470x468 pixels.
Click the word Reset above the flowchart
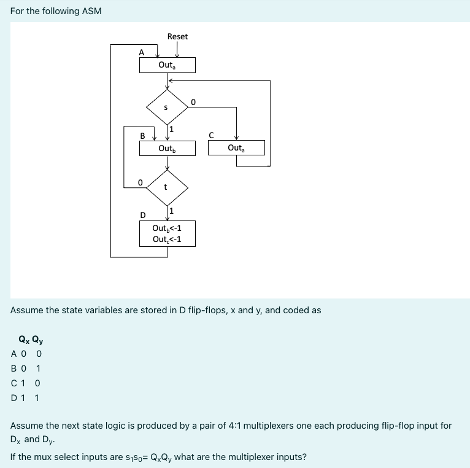pyautogui.click(x=177, y=37)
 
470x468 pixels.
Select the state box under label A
pyautogui.click(x=167, y=65)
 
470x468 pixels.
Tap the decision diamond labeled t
pyautogui.click(x=166, y=188)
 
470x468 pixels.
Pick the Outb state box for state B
pyautogui.click(x=167, y=148)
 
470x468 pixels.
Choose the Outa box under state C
pyautogui.click(x=236, y=148)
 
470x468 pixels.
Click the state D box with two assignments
pyautogui.click(x=167, y=234)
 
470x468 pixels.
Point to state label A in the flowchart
pyautogui.click(x=142, y=52)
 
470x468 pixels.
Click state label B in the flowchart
pyautogui.click(x=143, y=135)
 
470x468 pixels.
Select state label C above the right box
pyautogui.click(x=211, y=135)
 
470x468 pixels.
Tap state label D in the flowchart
pyautogui.click(x=143, y=215)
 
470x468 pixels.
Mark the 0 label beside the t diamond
pyautogui.click(x=141, y=182)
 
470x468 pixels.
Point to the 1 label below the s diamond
pyautogui.click(x=172, y=129)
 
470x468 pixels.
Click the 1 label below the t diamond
pyautogui.click(x=172, y=211)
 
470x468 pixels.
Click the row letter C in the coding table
pyautogui.click(x=14, y=383)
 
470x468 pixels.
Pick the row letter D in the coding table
pyautogui.click(x=14, y=397)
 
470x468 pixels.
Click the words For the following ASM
pyautogui.click(x=56, y=11)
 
